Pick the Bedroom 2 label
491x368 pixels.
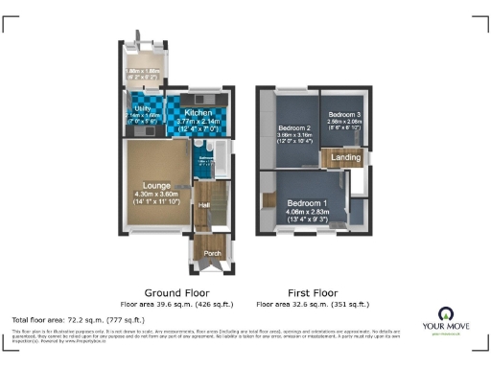[x=295, y=127]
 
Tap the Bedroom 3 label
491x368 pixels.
[x=342, y=115]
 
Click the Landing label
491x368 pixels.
[x=345, y=158]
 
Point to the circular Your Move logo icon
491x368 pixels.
[x=445, y=312]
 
